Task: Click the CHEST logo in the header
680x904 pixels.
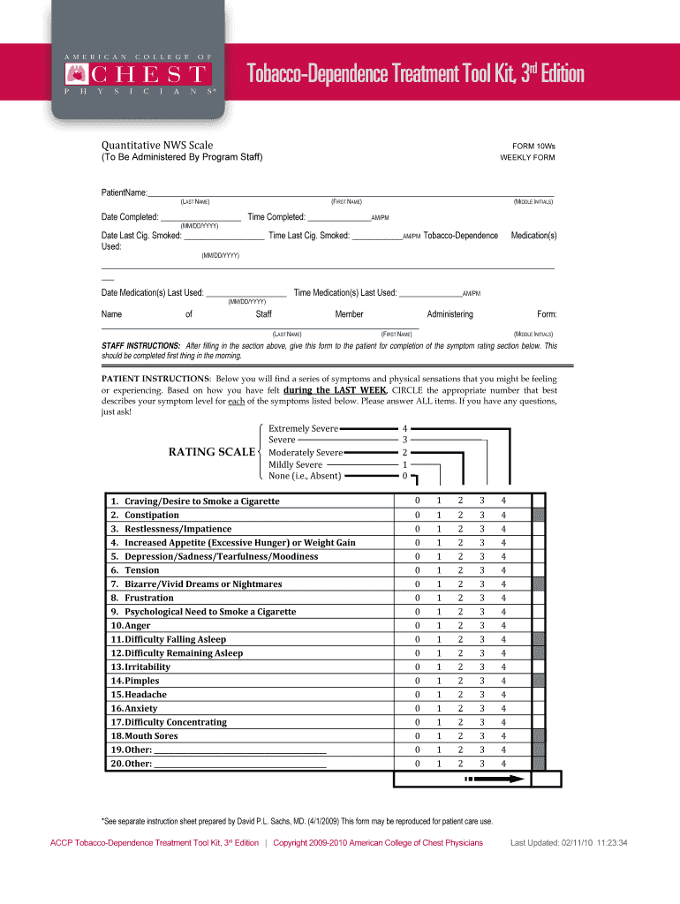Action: (x=137, y=72)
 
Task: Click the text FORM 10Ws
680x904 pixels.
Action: (x=533, y=146)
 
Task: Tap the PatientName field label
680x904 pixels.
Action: (x=124, y=192)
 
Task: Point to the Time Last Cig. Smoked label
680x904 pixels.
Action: (x=309, y=236)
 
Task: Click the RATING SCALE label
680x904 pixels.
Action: (x=211, y=452)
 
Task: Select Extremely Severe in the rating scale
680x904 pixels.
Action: (x=303, y=428)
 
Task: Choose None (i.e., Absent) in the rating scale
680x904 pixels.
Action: (x=305, y=476)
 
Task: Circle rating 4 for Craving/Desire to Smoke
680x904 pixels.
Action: (x=503, y=501)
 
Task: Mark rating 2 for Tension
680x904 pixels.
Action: (x=459, y=570)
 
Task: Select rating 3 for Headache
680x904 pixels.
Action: (x=481, y=695)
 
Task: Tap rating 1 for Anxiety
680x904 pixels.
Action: (x=438, y=708)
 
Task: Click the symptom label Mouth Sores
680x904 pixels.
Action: (x=150, y=735)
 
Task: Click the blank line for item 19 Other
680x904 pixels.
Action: (x=240, y=750)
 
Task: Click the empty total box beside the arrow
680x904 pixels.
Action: (x=545, y=780)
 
